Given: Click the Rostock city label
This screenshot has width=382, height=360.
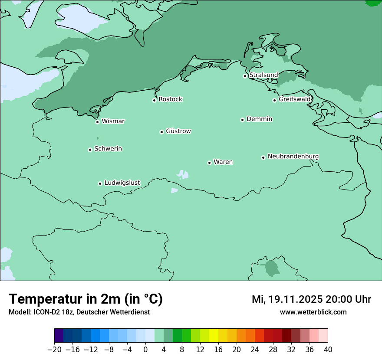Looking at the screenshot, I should point(170,99).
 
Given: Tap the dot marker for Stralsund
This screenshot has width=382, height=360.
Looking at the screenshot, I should point(245,76).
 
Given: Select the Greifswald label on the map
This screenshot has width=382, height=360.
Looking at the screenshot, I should point(294,99).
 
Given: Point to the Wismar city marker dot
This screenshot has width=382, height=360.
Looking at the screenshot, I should point(98,122).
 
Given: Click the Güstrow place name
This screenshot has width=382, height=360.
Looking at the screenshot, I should point(178,131).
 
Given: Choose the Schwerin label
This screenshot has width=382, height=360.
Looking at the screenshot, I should point(108,149).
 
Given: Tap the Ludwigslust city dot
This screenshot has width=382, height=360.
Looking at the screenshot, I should point(100,183).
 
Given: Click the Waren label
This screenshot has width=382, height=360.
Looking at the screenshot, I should point(223,162).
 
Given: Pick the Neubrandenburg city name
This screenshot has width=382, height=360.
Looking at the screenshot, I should point(293,156).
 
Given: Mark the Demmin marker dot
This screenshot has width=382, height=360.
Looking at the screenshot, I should point(242,120).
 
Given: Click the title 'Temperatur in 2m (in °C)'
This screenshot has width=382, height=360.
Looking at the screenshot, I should point(86,299).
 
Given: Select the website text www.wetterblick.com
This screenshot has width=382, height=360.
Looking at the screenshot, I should point(313,312).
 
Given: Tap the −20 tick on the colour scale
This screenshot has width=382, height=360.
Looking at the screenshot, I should point(54,350).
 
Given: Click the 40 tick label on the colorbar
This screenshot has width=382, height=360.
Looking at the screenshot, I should point(328,350).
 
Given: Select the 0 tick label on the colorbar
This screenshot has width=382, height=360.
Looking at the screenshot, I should point(145,350).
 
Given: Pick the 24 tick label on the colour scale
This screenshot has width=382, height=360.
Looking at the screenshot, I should point(255,350).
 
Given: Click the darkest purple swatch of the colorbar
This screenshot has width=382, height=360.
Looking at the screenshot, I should point(59,336).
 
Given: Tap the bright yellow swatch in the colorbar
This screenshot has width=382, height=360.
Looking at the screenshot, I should point(214,336).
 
